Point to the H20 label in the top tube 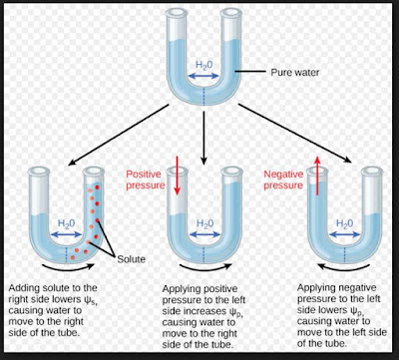(x=204, y=65)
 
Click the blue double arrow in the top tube (x=204, y=78)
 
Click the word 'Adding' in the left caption (x=25, y=286)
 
